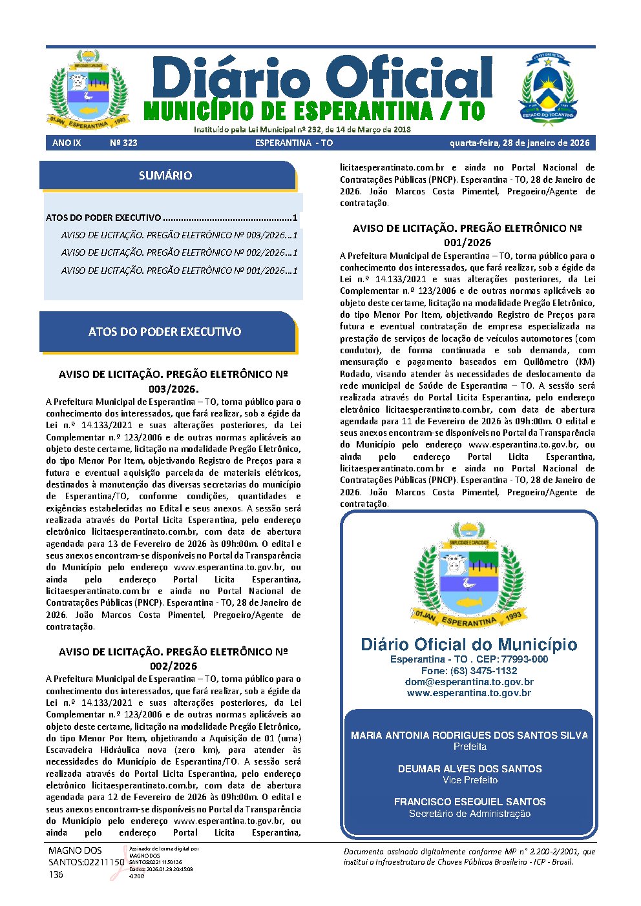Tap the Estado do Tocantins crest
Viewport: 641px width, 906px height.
(x=548, y=87)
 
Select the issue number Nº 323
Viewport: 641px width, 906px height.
(x=123, y=143)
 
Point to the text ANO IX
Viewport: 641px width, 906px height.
(x=67, y=143)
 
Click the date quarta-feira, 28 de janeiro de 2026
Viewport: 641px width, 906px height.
(x=521, y=143)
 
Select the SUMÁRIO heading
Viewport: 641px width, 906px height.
(x=165, y=176)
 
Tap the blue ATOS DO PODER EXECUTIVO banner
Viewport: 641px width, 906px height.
(x=165, y=332)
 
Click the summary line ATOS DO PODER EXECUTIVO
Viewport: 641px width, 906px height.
(x=171, y=218)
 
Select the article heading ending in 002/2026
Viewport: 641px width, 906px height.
(x=173, y=659)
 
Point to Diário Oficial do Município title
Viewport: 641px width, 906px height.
(x=469, y=644)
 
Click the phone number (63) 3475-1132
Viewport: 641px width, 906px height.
(x=469, y=671)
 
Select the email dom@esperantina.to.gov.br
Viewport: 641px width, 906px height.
(x=469, y=682)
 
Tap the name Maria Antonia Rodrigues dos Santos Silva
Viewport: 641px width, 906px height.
(x=469, y=735)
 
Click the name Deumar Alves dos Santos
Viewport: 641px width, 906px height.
(x=469, y=768)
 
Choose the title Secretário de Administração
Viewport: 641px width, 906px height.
(x=469, y=814)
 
